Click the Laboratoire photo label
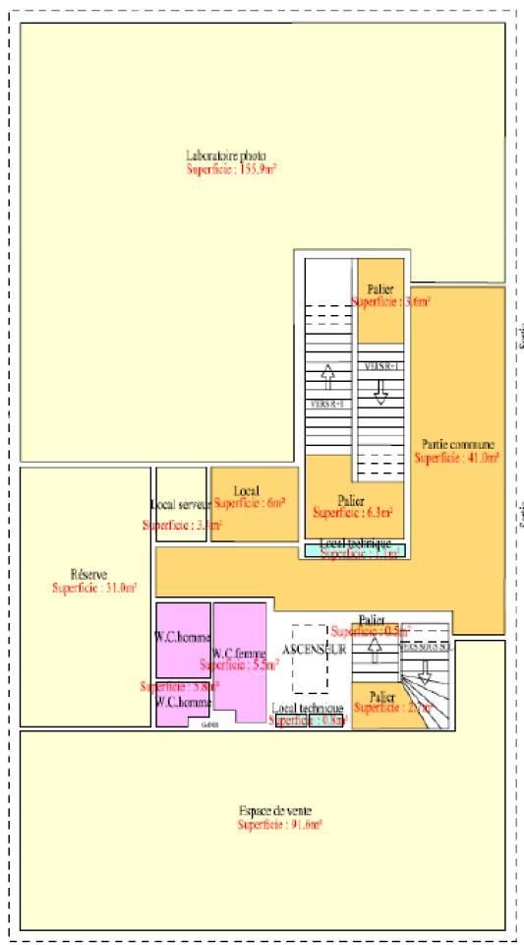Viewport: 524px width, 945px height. click(225, 156)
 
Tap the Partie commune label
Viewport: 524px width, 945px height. click(458, 444)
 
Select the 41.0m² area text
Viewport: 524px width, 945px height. click(457, 458)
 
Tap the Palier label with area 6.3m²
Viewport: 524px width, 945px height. click(351, 499)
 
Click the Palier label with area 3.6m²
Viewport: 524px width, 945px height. click(380, 288)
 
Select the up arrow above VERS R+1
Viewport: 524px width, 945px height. click(328, 375)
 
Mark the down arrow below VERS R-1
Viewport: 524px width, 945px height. click(380, 389)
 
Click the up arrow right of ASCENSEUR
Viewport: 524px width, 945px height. click(375, 647)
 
